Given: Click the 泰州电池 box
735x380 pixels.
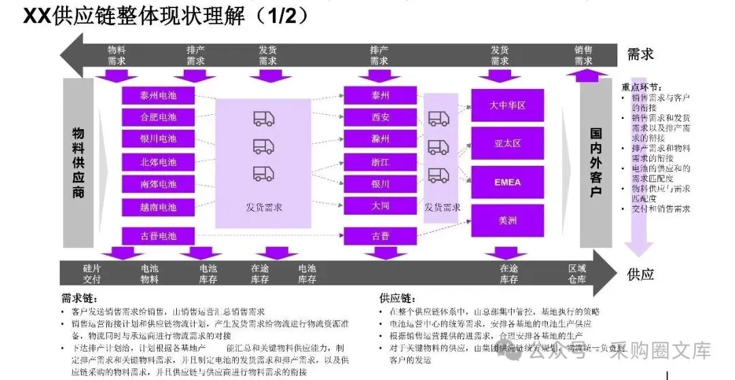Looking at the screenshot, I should click(158, 95).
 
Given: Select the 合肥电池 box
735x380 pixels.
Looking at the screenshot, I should click(158, 117).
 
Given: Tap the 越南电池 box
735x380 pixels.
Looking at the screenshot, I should click(158, 207).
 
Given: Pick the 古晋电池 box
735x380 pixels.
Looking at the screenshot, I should click(158, 236).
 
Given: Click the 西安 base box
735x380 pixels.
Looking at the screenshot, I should click(380, 117).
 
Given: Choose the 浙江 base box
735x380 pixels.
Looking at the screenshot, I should click(380, 162).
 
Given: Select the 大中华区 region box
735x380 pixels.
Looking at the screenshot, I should click(508, 106).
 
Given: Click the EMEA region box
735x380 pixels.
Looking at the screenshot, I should click(508, 182).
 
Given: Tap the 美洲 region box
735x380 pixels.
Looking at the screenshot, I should click(508, 220).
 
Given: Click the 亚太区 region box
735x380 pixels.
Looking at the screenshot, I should click(508, 143).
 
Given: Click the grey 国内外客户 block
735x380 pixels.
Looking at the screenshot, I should click(595, 163).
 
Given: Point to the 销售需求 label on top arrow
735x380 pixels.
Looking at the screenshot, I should click(583, 55).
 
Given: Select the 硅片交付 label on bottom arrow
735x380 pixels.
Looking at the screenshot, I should click(91, 274).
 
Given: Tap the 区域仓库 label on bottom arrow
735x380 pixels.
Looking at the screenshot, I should click(577, 274).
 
